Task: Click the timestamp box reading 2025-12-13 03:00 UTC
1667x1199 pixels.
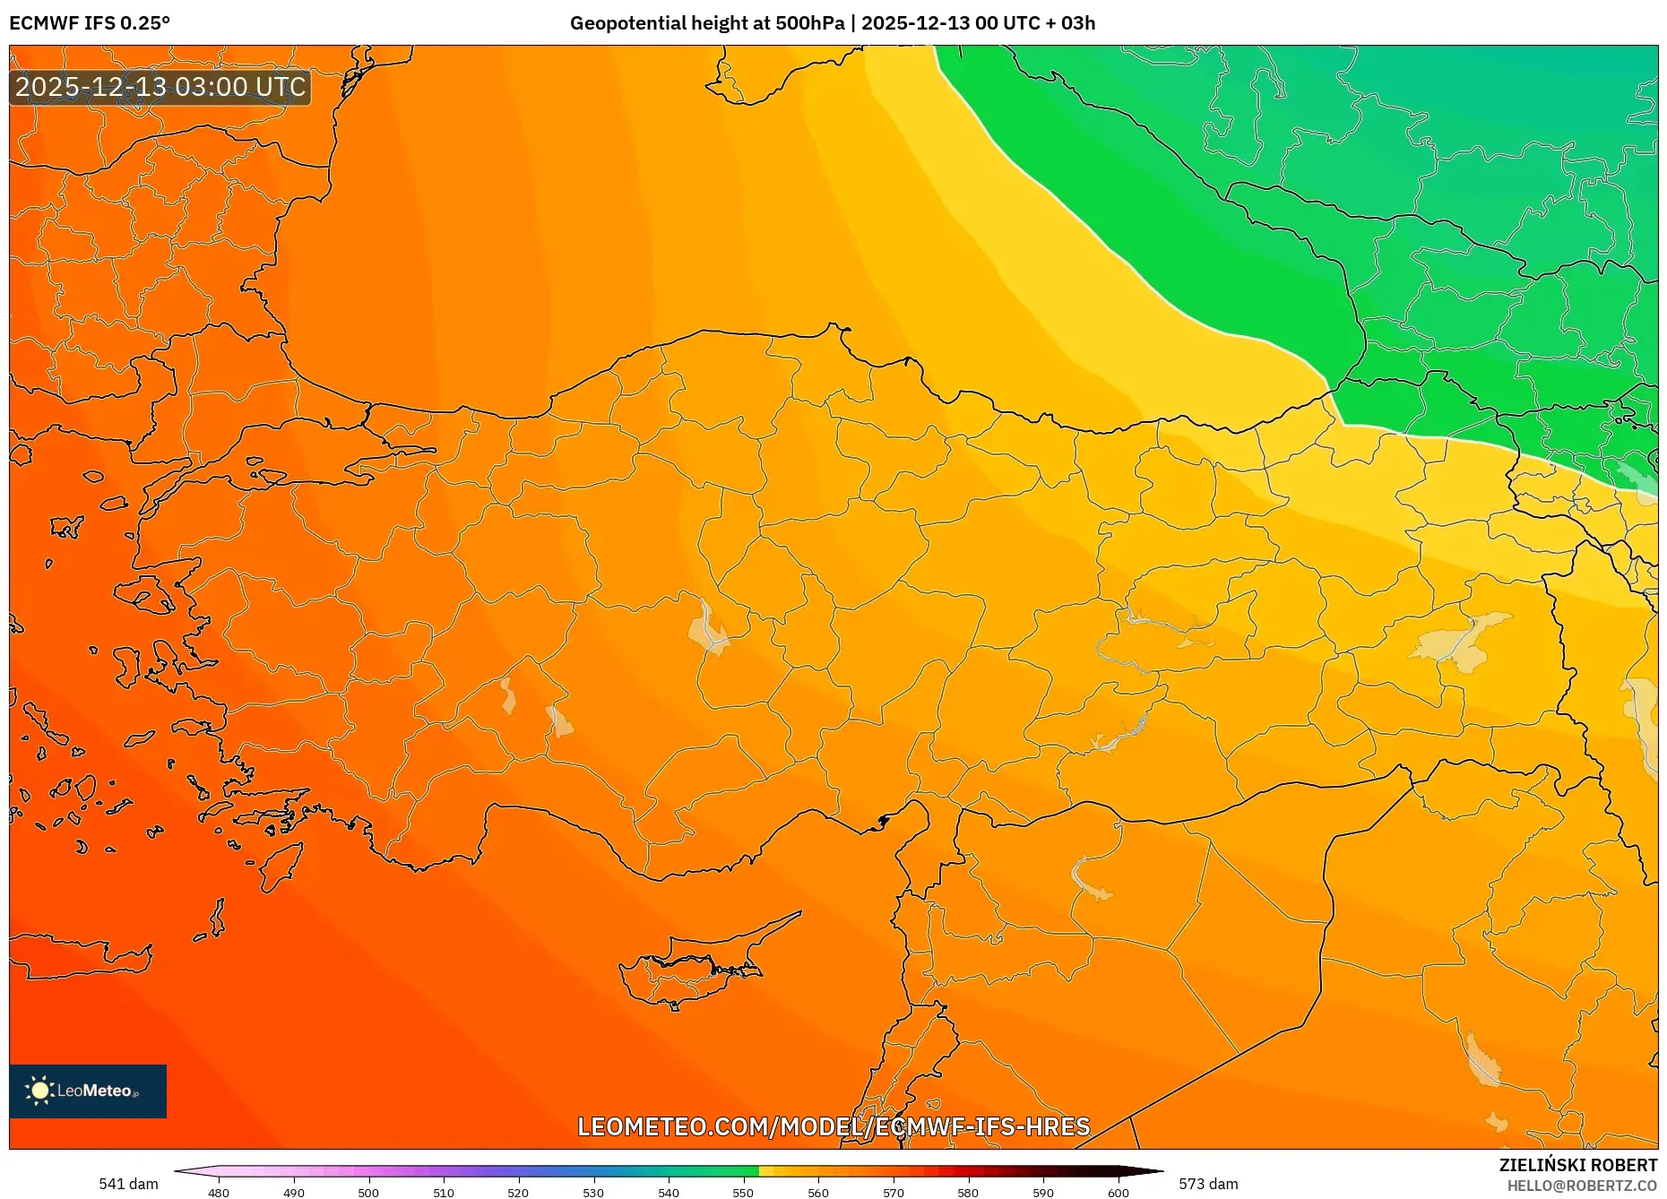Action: [160, 87]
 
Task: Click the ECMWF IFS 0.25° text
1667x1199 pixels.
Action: [90, 23]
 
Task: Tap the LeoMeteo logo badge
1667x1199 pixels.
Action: [88, 1091]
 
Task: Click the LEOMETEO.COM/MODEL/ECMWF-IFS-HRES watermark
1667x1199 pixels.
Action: [833, 1126]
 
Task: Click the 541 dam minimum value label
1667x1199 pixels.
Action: [128, 1184]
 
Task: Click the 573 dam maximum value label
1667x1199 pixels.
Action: [1208, 1184]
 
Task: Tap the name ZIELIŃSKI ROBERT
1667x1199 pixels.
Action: [1577, 1165]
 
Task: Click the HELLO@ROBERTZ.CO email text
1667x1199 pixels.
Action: [1582, 1186]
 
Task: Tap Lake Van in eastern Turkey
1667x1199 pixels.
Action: [1461, 641]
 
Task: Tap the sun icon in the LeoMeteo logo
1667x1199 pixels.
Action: [39, 1091]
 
